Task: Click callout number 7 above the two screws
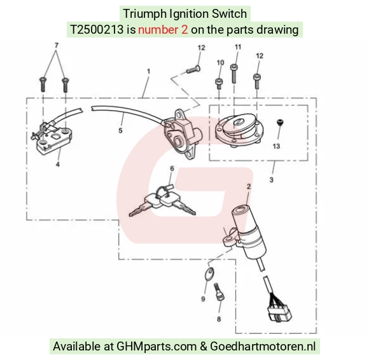coord(56,45)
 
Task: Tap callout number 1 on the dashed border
coord(148,71)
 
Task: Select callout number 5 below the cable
coord(120,130)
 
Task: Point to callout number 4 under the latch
coord(58,164)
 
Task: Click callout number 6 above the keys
coord(172,169)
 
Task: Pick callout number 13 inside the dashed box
coord(276,146)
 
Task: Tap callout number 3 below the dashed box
coord(271,180)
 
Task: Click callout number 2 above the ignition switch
coord(249,186)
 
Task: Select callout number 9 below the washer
coord(203,299)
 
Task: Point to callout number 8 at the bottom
coord(219,319)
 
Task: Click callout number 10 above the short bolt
coord(220,63)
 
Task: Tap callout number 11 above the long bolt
coord(238,47)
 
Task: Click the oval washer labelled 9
coord(209,274)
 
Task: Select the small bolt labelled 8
coord(219,292)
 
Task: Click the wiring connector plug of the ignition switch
coord(279,313)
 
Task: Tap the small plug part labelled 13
coord(280,122)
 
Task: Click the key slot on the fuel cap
coord(237,122)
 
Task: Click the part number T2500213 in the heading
coord(97,30)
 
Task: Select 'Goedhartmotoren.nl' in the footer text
coord(263,347)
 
